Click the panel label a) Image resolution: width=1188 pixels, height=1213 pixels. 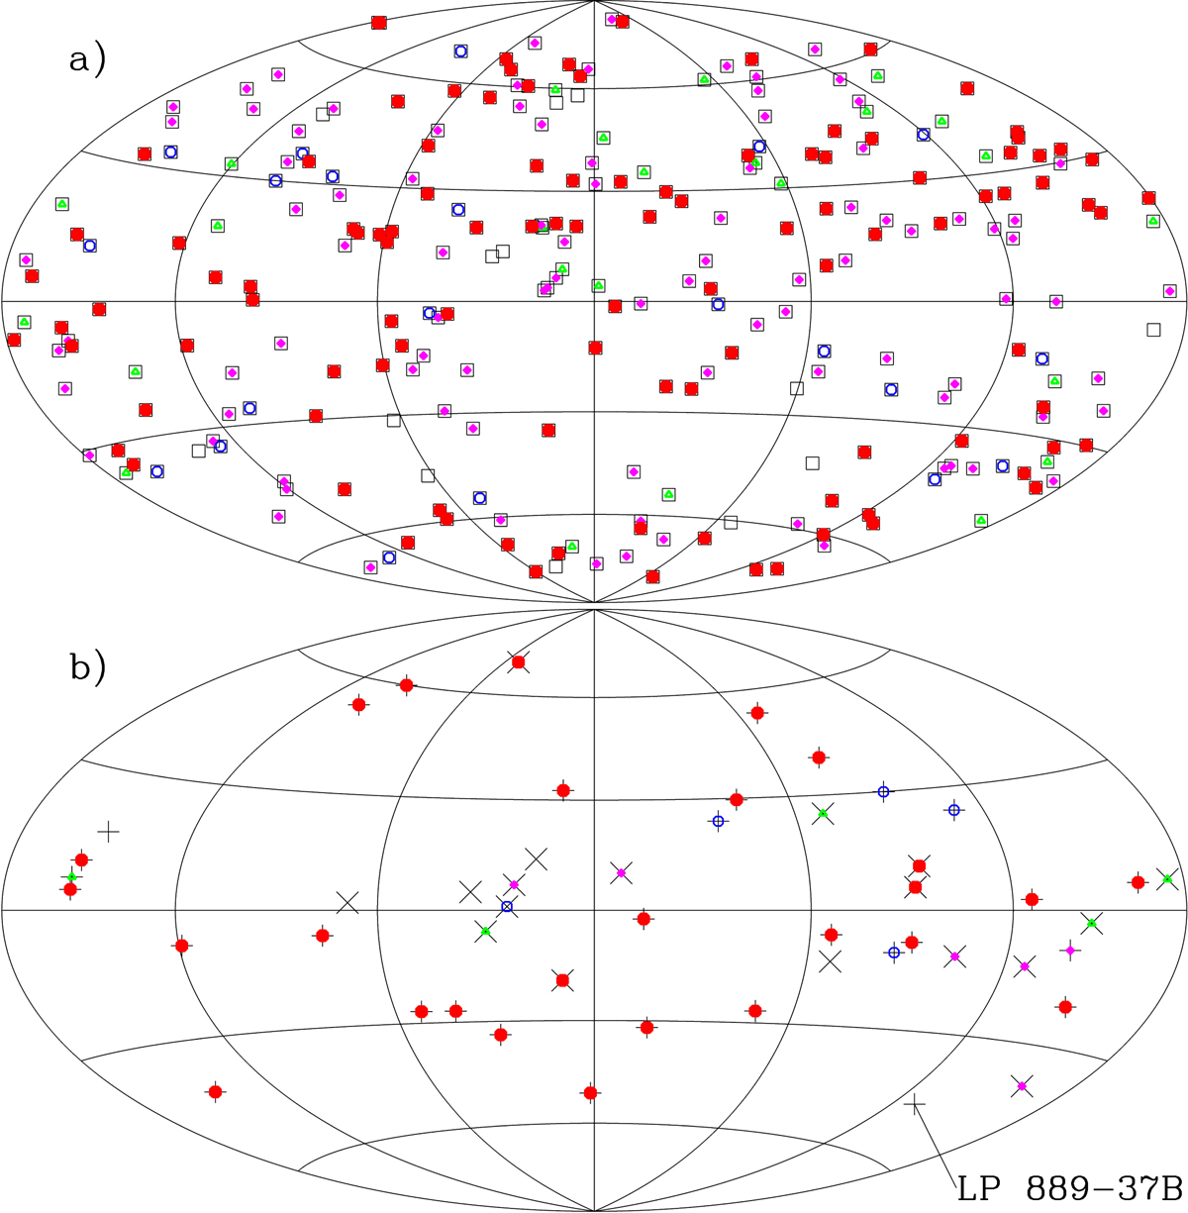click(x=87, y=61)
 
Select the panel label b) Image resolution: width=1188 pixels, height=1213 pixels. click(x=87, y=667)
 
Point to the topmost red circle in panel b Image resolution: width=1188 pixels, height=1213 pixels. click(x=518, y=662)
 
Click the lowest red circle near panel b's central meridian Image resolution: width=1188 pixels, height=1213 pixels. click(x=590, y=1093)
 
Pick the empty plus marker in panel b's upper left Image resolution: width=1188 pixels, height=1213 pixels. click(x=108, y=832)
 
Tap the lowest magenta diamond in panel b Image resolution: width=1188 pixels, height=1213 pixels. click(x=1022, y=1086)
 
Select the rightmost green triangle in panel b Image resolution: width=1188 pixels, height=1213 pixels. click(x=1167, y=878)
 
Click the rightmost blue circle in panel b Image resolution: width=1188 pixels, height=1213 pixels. click(x=953, y=810)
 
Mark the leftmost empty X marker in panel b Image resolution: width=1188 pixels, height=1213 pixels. click(x=346, y=902)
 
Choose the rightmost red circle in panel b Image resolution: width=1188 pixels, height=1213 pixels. click(x=1138, y=882)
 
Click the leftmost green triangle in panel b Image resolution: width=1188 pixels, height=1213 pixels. click(x=71, y=876)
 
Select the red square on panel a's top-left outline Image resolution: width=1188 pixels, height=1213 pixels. click(x=378, y=23)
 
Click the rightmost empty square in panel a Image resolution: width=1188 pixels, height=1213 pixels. click(x=1153, y=329)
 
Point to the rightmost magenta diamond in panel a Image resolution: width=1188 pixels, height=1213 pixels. click(x=1170, y=291)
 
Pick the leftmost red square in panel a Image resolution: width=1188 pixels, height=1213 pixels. click(x=14, y=340)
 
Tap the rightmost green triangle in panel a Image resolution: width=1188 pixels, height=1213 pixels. click(x=1152, y=221)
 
